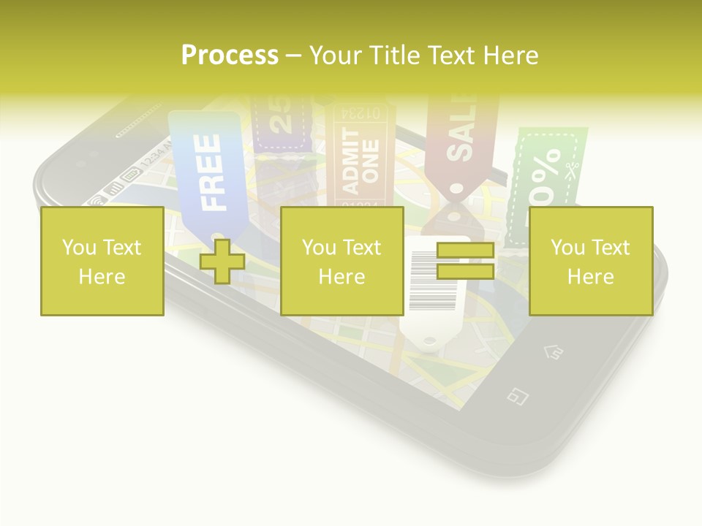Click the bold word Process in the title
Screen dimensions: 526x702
[230, 55]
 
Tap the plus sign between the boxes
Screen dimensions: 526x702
[222, 262]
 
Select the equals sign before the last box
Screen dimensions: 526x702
[465, 261]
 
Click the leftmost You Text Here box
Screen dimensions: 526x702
[102, 261]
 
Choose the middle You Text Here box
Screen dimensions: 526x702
[341, 261]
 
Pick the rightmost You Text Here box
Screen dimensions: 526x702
[590, 261]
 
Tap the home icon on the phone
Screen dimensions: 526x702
[554, 352]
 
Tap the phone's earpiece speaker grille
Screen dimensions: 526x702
[139, 124]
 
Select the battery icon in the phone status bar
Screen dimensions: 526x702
[131, 175]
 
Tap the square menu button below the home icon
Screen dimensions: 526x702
[518, 397]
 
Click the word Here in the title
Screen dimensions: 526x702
[511, 55]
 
